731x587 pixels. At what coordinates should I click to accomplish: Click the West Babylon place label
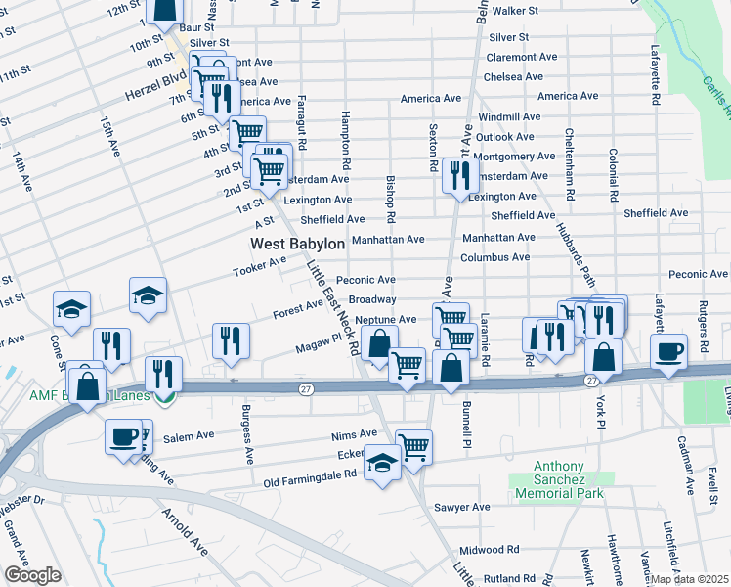pos(297,244)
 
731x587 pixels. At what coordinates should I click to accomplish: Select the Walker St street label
pos(516,11)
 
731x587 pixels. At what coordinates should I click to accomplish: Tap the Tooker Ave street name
pos(259,266)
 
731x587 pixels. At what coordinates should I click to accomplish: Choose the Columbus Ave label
pos(495,257)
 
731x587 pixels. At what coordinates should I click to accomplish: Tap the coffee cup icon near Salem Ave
pos(123,436)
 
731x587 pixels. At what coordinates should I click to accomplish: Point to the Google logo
pos(32,574)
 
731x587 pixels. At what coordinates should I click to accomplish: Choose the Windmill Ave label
pos(503,116)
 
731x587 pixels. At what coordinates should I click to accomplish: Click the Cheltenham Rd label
pos(568,159)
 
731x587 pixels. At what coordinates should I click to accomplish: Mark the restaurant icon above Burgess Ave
pos(230,340)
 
